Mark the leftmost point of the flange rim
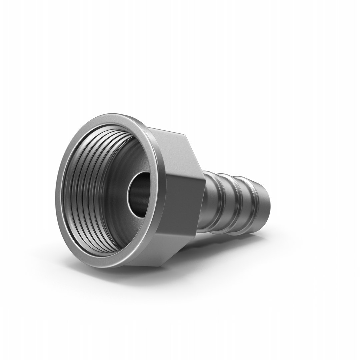point(58,197)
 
